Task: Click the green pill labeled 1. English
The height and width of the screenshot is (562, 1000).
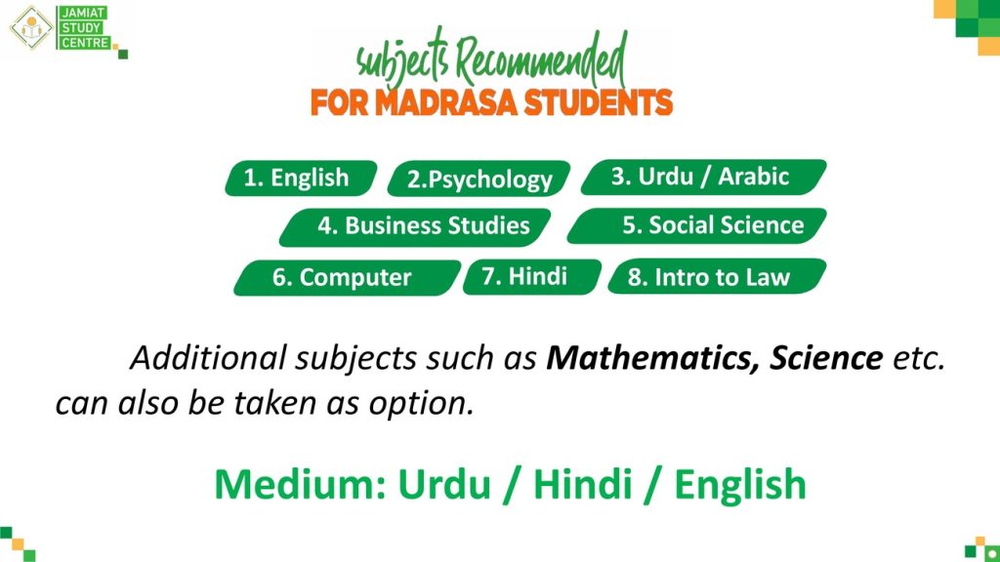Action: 301,178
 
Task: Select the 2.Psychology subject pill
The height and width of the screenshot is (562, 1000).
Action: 479,179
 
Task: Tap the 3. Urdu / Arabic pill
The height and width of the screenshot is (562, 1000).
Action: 703,177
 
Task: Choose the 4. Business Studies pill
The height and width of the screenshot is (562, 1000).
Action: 415,226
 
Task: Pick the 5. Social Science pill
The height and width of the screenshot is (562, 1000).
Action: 697,225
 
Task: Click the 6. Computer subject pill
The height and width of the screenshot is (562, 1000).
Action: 347,278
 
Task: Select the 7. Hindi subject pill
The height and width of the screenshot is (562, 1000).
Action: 532,276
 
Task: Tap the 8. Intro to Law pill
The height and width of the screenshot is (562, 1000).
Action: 717,276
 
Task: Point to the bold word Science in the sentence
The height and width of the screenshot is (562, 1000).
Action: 826,358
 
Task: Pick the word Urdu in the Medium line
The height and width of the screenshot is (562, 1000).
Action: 444,484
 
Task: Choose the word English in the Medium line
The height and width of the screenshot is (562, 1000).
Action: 740,486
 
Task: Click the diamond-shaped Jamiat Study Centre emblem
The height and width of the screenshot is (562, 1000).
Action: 30,27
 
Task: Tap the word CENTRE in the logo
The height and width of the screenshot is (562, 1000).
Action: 84,43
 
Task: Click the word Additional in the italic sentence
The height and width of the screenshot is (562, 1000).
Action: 208,358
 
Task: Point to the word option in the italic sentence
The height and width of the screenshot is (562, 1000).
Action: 422,404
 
